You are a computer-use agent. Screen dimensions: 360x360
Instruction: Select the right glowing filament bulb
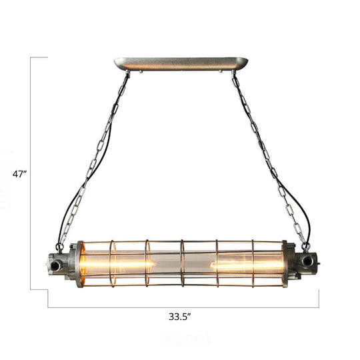(x=243, y=265)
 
